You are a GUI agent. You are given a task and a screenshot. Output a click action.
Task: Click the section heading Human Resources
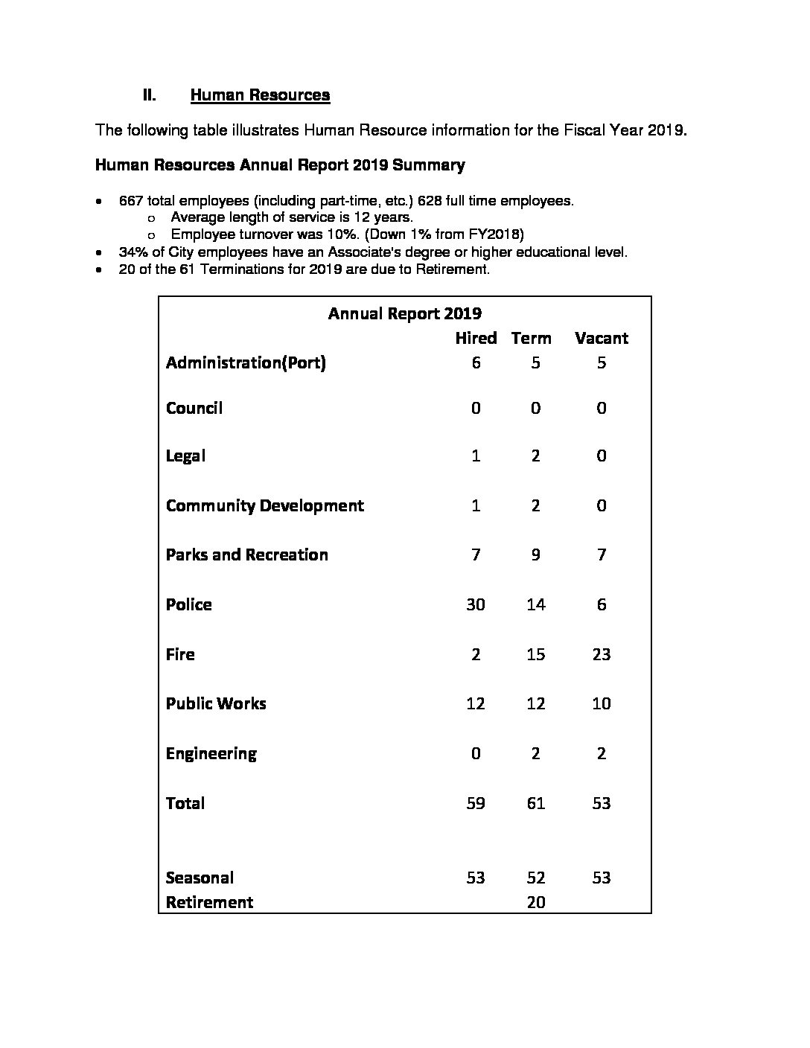(x=260, y=95)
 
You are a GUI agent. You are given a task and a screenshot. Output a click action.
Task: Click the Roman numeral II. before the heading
(x=149, y=95)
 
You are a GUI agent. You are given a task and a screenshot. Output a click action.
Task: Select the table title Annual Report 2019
(x=404, y=313)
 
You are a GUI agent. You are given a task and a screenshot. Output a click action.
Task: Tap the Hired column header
(x=476, y=338)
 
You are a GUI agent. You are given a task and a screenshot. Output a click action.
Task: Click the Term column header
(x=532, y=338)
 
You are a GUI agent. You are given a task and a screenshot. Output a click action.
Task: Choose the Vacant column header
(x=602, y=338)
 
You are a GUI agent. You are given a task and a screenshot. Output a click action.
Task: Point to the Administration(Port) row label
(x=246, y=362)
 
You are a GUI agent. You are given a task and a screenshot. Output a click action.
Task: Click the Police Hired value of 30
(x=476, y=604)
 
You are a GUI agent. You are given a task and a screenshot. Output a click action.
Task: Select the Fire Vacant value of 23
(x=602, y=654)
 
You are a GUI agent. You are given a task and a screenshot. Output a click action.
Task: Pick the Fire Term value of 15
(x=536, y=654)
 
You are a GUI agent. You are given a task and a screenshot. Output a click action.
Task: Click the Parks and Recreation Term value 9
(x=536, y=555)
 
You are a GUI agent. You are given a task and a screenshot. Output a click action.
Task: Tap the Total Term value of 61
(x=536, y=803)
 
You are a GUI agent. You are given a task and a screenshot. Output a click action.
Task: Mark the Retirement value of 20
(x=536, y=902)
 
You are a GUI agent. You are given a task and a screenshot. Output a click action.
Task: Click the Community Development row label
(x=265, y=505)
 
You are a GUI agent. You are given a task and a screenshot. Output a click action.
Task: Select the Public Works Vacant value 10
(x=602, y=703)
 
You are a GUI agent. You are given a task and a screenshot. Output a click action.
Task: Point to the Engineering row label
(x=211, y=753)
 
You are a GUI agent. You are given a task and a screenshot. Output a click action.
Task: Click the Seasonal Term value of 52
(x=536, y=878)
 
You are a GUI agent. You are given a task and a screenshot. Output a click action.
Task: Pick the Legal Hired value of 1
(x=476, y=456)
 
